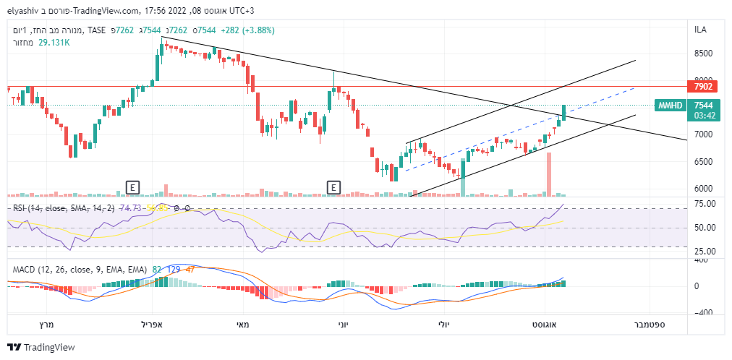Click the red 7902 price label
pos(704,87)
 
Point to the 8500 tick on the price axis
pos(705,53)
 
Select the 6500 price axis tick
pos(705,162)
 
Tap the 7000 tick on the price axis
pos(705,134)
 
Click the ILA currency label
pos(700,30)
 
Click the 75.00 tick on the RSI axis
pos(705,204)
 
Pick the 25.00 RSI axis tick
pos(705,252)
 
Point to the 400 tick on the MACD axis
pos(702,260)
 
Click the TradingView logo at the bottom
pos(41,347)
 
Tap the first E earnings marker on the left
pos(132,187)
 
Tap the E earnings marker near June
pos(334,187)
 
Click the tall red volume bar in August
pos(549,174)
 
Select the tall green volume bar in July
pos(463,178)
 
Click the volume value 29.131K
pos(54,43)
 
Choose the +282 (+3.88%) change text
pos(247,30)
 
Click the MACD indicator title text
pos(80,270)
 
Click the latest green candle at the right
pos(563,113)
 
